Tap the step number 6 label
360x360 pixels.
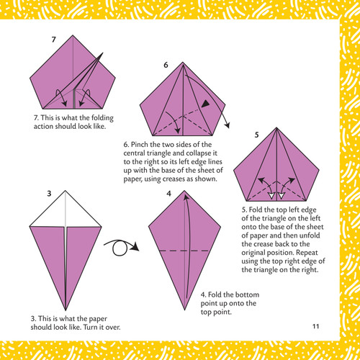tap(166, 66)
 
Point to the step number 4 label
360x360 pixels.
tap(168, 194)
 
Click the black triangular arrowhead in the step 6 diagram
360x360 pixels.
tap(205, 105)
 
